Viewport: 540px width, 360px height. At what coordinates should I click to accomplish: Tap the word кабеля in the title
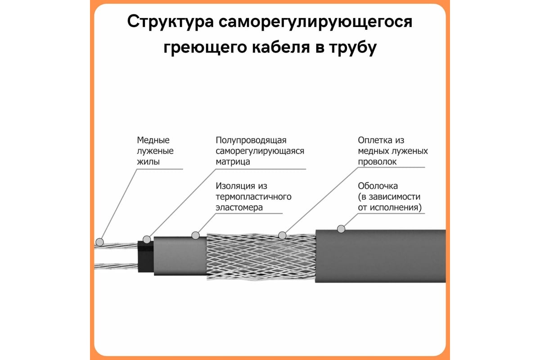point(281,47)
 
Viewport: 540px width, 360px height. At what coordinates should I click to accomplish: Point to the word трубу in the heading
point(353,48)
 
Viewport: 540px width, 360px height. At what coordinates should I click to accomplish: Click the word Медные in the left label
point(153,140)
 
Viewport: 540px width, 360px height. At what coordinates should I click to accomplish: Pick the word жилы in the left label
point(148,162)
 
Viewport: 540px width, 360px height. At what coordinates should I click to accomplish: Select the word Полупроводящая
point(251,140)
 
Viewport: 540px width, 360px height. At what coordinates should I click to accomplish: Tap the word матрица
point(233,162)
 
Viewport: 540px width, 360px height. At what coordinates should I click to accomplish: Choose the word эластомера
point(239,207)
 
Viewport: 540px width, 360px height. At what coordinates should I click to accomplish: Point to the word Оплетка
point(375,140)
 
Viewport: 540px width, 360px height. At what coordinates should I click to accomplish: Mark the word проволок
point(377,162)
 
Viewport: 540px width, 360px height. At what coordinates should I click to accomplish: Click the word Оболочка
point(378,186)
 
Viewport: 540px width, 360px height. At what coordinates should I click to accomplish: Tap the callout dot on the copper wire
point(99,242)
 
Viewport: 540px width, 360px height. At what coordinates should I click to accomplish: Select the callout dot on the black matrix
point(147,239)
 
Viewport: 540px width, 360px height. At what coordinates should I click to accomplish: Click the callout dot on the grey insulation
point(195,236)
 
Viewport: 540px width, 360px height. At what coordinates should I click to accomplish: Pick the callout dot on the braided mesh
point(282,235)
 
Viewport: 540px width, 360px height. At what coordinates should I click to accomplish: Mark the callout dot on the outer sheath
point(341,229)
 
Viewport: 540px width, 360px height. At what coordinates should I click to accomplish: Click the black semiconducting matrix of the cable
point(146,257)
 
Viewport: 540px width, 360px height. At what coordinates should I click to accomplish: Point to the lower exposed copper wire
point(116,266)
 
